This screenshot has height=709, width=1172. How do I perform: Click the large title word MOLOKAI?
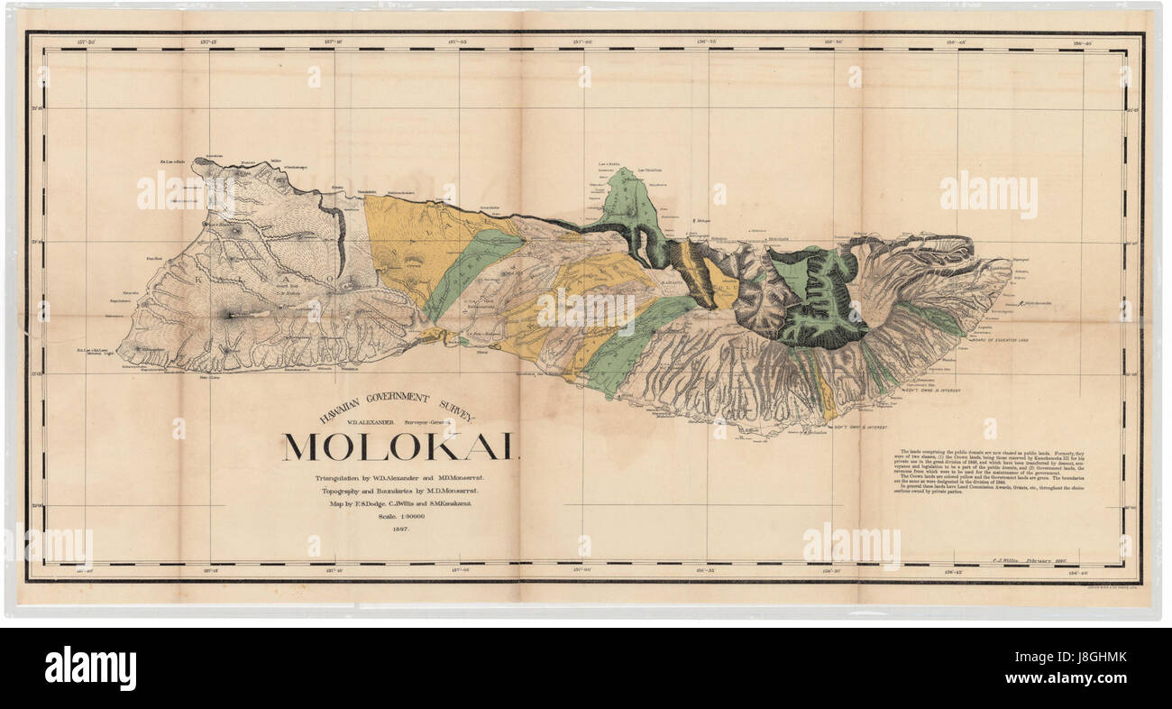[400, 447]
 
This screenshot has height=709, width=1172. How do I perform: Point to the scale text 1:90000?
[397, 517]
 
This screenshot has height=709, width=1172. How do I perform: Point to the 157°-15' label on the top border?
[210, 41]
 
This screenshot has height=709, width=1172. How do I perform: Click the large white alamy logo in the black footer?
[90, 668]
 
